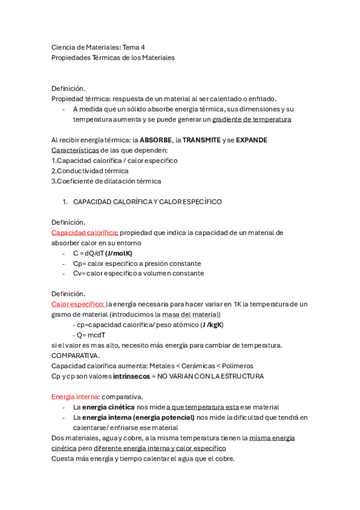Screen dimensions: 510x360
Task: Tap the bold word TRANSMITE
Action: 201,140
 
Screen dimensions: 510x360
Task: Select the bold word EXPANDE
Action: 251,140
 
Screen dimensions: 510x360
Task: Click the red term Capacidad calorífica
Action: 85,233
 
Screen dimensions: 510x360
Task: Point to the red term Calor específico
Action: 78,304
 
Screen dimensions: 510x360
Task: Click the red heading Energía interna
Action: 75,397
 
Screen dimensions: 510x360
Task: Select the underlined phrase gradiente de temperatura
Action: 252,120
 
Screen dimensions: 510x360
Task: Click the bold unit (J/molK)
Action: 118,253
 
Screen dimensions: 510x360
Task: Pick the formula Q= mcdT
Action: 91,335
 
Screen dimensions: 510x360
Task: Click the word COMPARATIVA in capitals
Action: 76,355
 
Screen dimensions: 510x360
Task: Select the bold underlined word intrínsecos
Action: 129,376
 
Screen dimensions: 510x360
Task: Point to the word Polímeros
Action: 235,366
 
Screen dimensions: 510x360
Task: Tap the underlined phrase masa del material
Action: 191,315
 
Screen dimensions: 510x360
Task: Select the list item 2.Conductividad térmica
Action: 90,171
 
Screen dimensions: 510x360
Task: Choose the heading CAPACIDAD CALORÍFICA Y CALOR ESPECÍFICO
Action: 147,202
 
